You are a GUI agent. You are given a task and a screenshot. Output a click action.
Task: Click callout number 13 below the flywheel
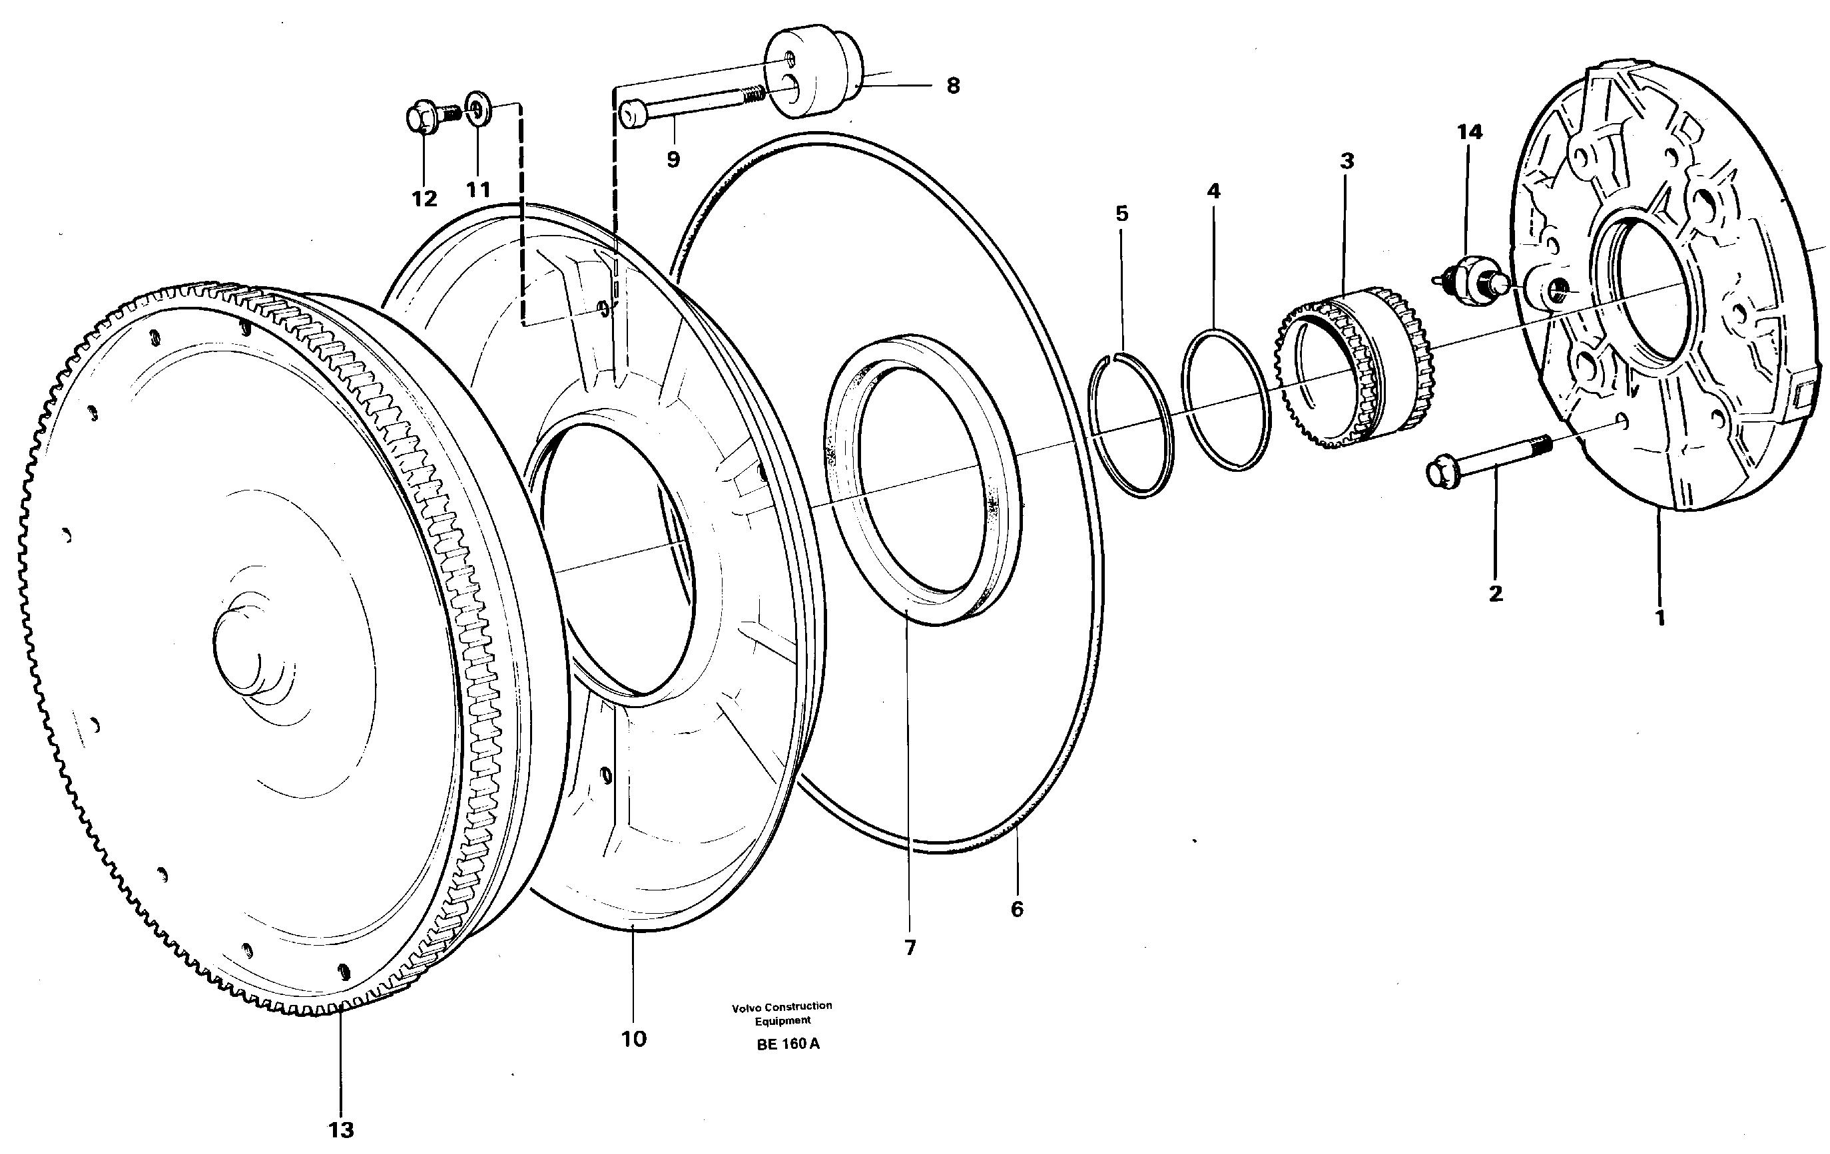click(x=341, y=1129)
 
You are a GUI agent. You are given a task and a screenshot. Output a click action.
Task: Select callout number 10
click(x=634, y=1038)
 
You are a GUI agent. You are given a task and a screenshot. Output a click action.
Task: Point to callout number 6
click(x=1017, y=908)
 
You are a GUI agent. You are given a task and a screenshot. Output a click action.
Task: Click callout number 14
click(x=1469, y=132)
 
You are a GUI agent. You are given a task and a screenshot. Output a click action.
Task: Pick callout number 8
click(x=953, y=86)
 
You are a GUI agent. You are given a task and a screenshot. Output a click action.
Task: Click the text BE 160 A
click(x=788, y=1044)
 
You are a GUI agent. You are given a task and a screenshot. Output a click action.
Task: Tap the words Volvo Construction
click(x=782, y=1006)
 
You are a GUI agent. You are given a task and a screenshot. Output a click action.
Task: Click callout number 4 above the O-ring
click(x=1213, y=192)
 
